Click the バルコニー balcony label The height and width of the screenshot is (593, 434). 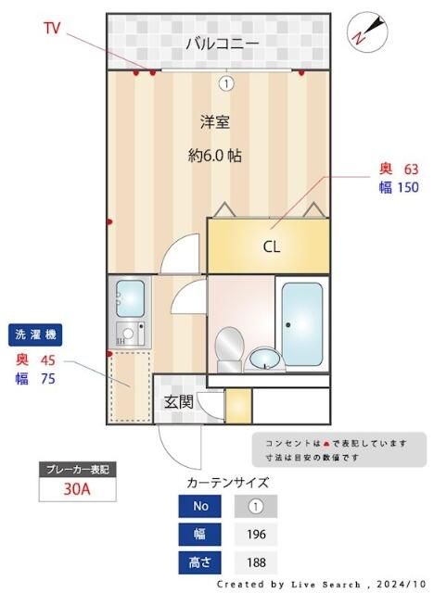221,43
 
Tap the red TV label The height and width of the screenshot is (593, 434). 52,28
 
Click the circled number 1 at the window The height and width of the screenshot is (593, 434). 225,83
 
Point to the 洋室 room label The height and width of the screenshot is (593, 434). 215,121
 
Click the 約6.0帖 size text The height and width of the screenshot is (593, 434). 215,156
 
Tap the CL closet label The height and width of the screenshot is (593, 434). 271,246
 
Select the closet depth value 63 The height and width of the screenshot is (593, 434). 411,169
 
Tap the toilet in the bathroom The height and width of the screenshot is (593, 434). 228,349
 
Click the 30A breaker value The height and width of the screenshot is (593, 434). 77,489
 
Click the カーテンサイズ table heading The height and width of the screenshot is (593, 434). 227,482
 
